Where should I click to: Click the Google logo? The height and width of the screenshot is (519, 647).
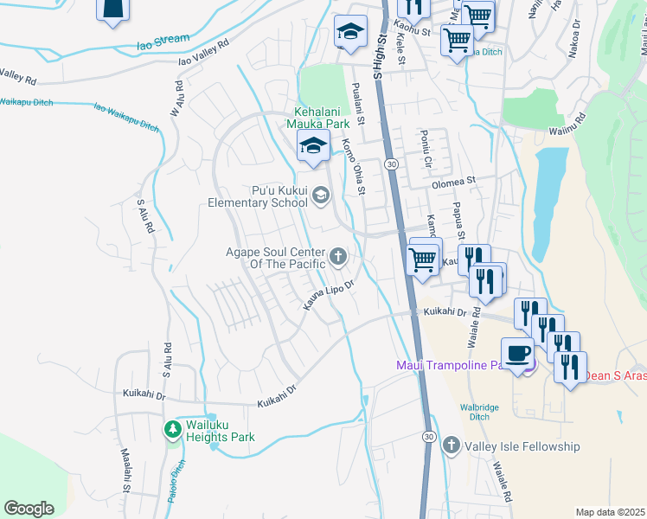[29, 508]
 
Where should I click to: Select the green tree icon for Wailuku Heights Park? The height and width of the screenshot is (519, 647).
[173, 429]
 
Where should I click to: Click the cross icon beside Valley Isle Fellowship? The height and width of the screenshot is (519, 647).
[451, 445]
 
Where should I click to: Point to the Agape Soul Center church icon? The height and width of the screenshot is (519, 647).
[337, 255]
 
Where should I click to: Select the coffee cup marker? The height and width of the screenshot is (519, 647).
[518, 355]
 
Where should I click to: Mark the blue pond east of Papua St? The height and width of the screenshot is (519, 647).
[545, 186]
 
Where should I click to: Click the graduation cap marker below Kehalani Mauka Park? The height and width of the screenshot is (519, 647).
[313, 146]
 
